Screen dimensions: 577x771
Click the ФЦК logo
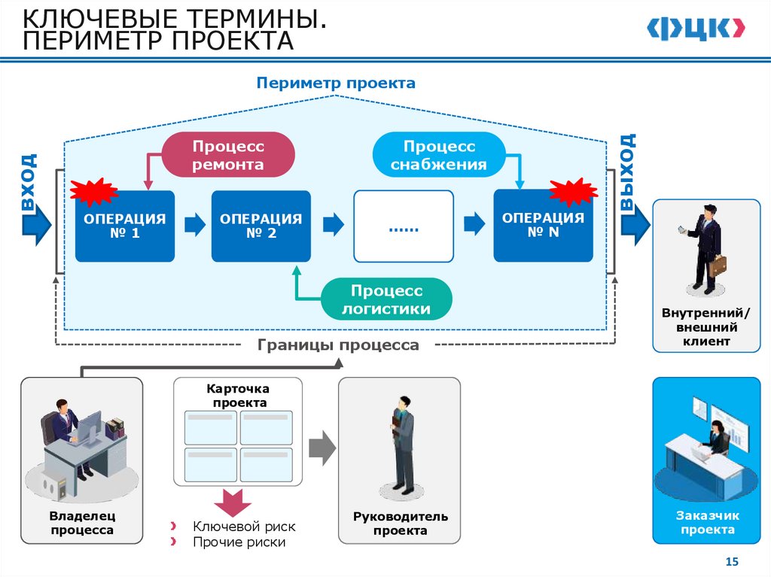pyautogui.click(x=696, y=29)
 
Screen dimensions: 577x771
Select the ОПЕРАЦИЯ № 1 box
pyautogui.click(x=124, y=226)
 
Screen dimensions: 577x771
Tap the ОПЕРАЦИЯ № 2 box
pyautogui.click(x=261, y=226)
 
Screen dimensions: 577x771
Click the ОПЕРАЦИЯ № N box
pyautogui.click(x=543, y=226)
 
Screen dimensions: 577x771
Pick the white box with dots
pyautogui.click(x=404, y=226)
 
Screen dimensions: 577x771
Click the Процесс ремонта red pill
pyautogui.click(x=227, y=155)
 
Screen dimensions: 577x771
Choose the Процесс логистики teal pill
pyautogui.click(x=386, y=299)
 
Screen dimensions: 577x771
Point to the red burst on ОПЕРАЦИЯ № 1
pyautogui.click(x=93, y=193)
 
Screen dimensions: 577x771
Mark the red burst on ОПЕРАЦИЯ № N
pyautogui.click(x=574, y=192)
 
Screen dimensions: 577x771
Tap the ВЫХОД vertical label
pyautogui.click(x=628, y=173)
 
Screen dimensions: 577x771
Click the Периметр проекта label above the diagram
pyautogui.click(x=336, y=82)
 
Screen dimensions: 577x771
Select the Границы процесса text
pyautogui.click(x=338, y=345)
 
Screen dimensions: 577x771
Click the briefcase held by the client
pyautogui.click(x=718, y=265)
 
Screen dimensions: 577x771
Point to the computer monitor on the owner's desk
pyautogui.click(x=90, y=427)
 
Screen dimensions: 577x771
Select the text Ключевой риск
pyautogui.click(x=244, y=527)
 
